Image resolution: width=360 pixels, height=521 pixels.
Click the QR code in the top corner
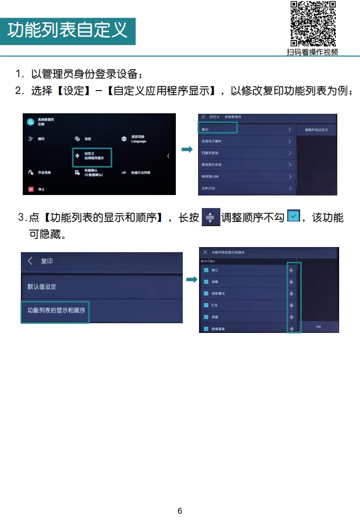tap(313, 24)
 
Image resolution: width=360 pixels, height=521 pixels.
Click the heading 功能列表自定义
tap(68, 31)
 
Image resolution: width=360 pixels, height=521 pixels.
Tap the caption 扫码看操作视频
tap(312, 52)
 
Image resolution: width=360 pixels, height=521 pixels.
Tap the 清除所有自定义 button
tap(316, 130)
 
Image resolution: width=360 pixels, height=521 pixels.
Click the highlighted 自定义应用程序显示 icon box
tap(92, 157)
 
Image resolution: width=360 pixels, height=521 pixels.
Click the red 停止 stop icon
tap(31, 189)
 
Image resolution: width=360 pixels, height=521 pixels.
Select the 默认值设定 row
tap(101, 287)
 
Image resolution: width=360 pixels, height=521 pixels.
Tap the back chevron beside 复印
tap(31, 261)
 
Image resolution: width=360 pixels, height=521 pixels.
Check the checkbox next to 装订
tap(206, 270)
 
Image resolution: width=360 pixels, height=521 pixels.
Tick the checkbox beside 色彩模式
tap(206, 293)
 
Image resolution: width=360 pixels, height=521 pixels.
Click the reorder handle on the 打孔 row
tap(291, 305)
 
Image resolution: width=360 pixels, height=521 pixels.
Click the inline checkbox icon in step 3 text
tap(294, 216)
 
